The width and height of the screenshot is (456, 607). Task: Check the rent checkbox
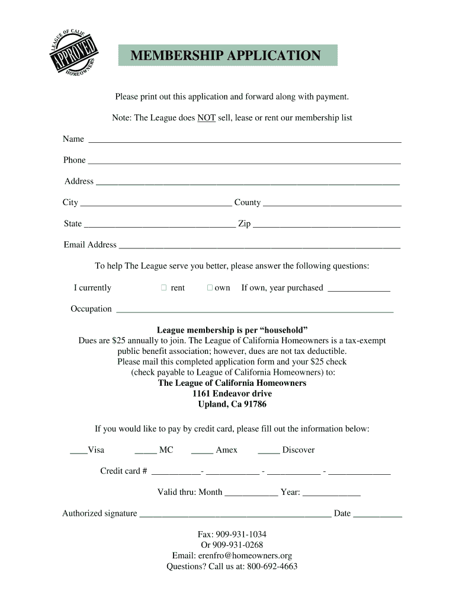coord(163,288)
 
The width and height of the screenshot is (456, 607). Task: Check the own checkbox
coord(210,288)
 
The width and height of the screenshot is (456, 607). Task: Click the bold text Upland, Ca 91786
coord(232,404)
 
